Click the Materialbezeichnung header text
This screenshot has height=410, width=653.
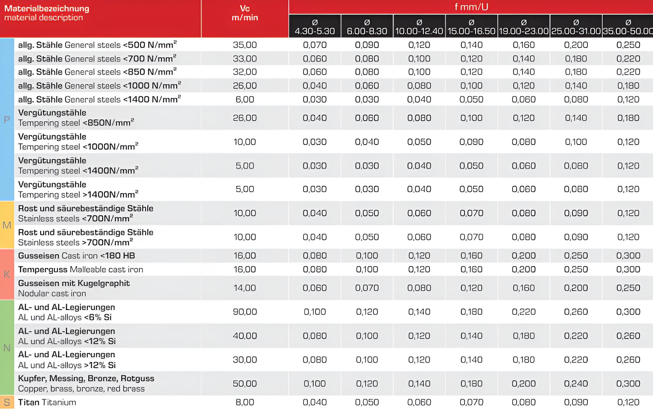(47, 9)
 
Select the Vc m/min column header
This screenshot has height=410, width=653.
(245, 13)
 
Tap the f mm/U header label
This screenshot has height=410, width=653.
(471, 7)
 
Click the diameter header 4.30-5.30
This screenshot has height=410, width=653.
(315, 27)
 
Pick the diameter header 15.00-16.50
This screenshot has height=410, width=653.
(471, 27)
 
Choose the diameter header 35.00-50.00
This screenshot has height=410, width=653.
(628, 27)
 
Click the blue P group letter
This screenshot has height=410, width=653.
(7, 120)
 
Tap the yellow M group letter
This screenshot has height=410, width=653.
(7, 225)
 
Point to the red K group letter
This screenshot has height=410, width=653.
(7, 274)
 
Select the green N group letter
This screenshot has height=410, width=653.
(7, 348)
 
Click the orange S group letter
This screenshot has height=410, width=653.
(7, 402)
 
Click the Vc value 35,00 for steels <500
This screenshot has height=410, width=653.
(245, 45)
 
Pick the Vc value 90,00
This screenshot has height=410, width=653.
(245, 312)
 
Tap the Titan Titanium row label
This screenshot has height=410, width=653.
(47, 402)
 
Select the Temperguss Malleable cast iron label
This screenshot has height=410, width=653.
(81, 269)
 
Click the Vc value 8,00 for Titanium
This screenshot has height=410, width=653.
(245, 402)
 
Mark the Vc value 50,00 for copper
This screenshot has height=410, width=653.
(245, 384)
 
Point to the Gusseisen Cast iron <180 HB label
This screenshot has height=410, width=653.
(76, 256)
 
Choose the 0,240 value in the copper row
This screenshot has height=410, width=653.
(576, 384)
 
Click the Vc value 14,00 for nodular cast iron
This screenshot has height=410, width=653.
(245, 288)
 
